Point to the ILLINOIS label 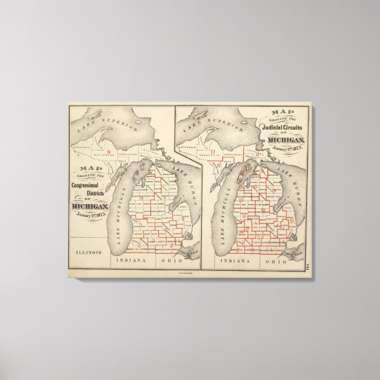[88, 251]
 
